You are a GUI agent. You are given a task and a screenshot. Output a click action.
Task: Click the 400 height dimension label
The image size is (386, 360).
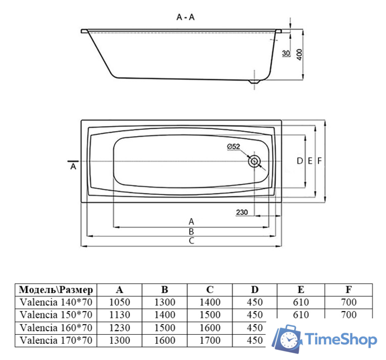[299, 55]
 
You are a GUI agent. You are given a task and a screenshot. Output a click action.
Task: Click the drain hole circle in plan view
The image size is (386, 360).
[254, 161]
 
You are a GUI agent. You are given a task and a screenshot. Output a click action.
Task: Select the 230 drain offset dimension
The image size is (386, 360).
[242, 212]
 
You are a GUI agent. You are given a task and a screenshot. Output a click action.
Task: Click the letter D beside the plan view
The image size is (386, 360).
[299, 161]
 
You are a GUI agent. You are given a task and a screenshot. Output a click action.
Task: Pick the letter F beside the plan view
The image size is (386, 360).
[320, 161]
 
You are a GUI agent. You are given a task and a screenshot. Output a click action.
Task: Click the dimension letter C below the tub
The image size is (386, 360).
[191, 241]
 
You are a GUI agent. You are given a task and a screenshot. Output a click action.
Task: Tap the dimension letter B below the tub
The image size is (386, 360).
[191, 231]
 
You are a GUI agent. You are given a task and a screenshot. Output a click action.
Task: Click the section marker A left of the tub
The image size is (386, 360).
[73, 167]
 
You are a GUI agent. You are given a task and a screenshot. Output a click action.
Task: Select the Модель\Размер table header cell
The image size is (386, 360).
[56, 290]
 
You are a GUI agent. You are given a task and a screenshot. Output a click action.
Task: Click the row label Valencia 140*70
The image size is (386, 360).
[56, 303]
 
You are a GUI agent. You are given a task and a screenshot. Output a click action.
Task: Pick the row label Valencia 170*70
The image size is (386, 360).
[56, 340]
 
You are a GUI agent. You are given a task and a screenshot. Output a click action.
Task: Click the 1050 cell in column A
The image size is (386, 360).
[119, 303]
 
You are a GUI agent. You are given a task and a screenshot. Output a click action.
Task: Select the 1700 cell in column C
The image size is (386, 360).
[209, 340]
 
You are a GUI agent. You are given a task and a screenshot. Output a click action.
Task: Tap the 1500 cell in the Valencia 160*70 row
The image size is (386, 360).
[164, 328]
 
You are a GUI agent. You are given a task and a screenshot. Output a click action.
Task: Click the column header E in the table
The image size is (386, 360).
[301, 290]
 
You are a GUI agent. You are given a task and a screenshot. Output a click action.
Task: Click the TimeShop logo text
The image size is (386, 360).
[340, 340]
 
